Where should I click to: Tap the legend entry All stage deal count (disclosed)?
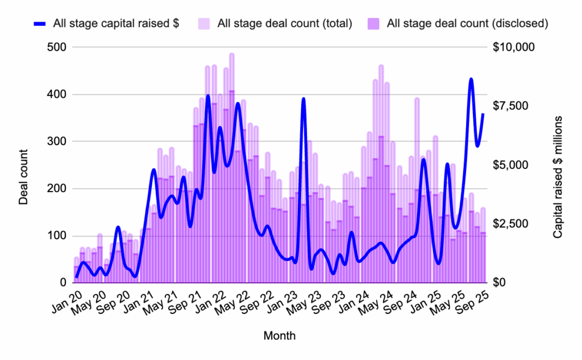coord(467,24)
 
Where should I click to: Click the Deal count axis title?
coord(24,177)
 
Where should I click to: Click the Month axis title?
coord(279,336)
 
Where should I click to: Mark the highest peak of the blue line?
coord(471,79)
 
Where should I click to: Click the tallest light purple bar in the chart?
coord(232,54)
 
